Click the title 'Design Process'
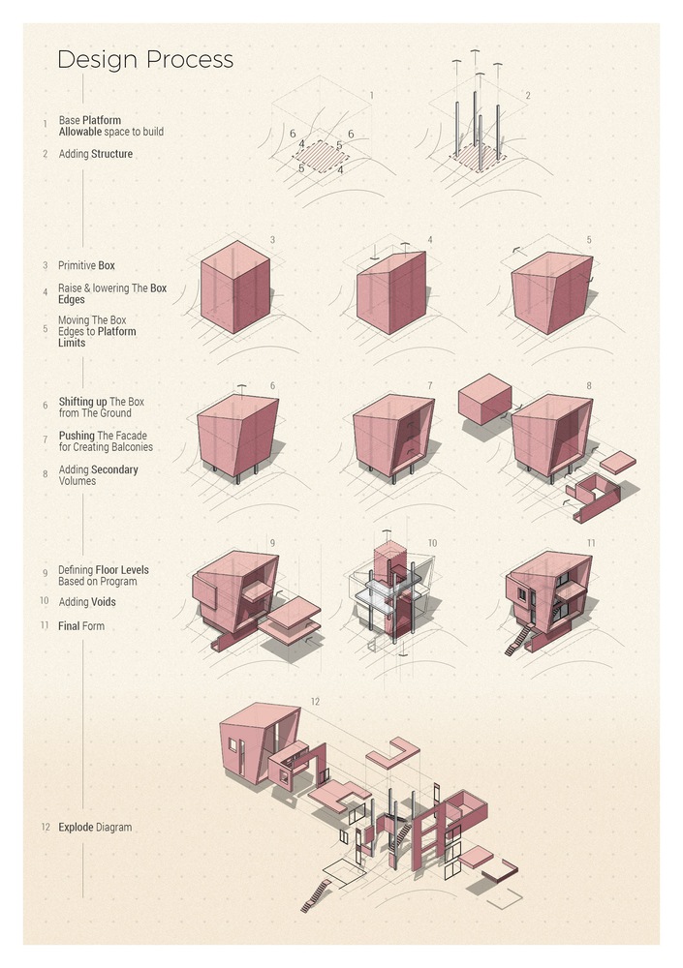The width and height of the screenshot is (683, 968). [145, 59]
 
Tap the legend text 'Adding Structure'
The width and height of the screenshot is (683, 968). [96, 154]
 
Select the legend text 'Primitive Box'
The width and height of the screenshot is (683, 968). [86, 265]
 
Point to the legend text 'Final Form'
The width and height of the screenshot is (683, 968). [81, 626]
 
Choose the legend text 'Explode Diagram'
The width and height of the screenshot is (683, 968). [95, 828]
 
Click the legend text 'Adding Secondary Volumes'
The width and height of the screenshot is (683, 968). [98, 475]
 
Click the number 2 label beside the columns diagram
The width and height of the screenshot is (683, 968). [527, 95]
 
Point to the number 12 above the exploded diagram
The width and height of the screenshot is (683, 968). [314, 701]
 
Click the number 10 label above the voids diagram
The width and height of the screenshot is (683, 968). [432, 543]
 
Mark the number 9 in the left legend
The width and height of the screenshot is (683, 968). [45, 572]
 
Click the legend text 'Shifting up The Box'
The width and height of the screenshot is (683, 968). [102, 402]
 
